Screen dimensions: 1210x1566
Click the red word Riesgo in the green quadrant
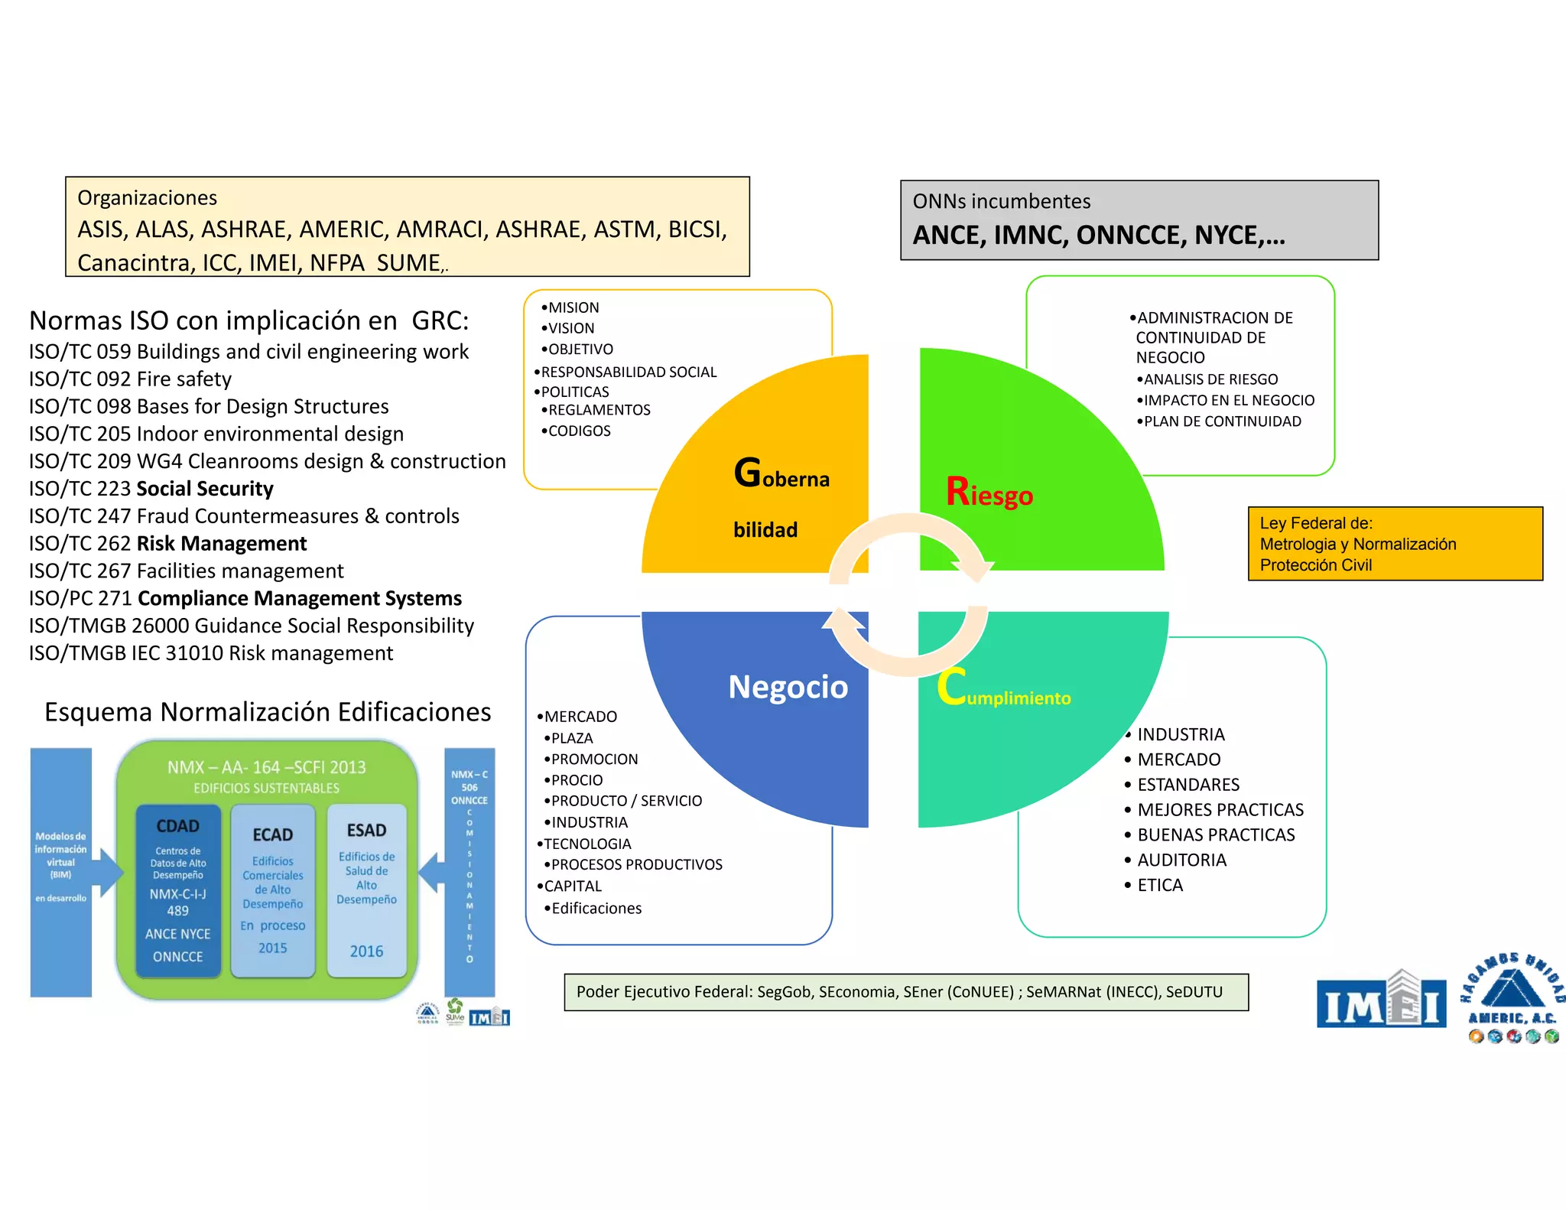(x=989, y=493)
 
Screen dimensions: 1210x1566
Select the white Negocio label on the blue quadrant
(x=788, y=687)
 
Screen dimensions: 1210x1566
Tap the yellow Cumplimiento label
(x=1004, y=689)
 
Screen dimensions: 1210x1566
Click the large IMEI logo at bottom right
(x=1381, y=1000)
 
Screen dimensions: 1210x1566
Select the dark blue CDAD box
(x=178, y=890)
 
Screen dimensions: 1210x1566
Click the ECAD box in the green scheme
(x=273, y=890)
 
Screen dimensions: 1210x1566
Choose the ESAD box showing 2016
(x=366, y=890)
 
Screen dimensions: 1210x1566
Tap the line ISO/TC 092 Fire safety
(x=130, y=379)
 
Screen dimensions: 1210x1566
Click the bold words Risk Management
(x=222, y=544)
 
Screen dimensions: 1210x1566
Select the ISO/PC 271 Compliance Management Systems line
(x=245, y=598)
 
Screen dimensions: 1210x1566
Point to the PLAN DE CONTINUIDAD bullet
(x=1222, y=421)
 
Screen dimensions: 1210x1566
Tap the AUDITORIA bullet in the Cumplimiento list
(x=1181, y=860)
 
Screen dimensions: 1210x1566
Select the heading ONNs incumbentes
(x=1002, y=202)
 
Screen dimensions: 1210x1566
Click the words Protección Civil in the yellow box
(x=1315, y=565)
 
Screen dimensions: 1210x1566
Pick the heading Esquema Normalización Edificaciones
(x=268, y=712)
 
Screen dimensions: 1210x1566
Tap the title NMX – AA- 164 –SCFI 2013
(x=266, y=767)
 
